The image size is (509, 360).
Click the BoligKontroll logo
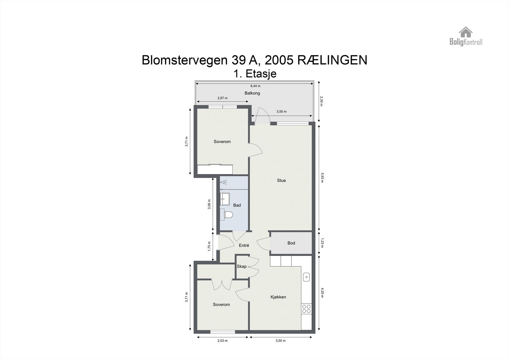(x=466, y=36)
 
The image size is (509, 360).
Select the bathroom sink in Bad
(x=224, y=199)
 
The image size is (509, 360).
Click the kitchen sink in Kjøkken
(x=306, y=277)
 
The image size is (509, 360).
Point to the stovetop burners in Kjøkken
(x=306, y=308)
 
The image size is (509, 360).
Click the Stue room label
(x=281, y=180)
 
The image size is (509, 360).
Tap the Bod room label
(x=291, y=243)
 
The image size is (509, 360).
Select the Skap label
(x=241, y=266)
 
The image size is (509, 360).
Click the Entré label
(x=244, y=245)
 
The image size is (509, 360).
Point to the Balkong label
(x=252, y=93)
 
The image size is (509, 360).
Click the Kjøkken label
(x=278, y=297)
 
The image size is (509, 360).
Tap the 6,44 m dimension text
(x=255, y=86)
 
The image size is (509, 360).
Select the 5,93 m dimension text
(x=322, y=178)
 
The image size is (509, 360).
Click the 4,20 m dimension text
(x=322, y=293)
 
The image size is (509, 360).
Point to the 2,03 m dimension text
(x=222, y=341)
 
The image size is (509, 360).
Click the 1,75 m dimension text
(x=209, y=246)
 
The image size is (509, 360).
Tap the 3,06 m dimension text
(x=209, y=204)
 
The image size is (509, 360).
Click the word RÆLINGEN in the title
(x=332, y=60)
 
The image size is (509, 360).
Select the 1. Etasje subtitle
(x=255, y=74)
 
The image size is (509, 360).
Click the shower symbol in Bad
(x=224, y=182)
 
